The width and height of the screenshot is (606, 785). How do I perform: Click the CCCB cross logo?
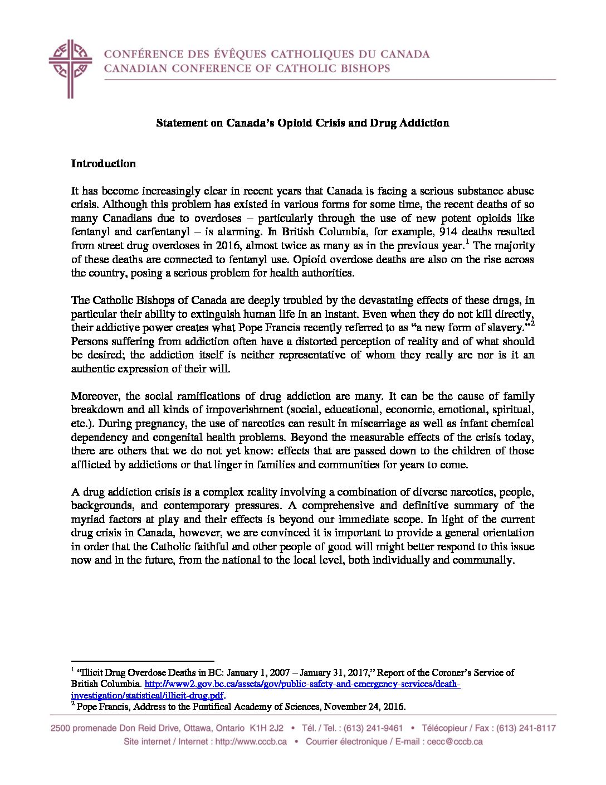[70, 68]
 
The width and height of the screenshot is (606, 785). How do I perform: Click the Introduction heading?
[103, 163]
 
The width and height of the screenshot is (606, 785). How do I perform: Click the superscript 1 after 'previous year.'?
[467, 241]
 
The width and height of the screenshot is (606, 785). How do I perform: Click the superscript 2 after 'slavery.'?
[532, 323]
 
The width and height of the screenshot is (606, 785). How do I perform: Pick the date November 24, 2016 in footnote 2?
[364, 706]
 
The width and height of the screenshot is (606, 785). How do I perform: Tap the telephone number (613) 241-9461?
[373, 728]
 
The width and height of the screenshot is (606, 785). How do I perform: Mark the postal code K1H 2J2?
[266, 728]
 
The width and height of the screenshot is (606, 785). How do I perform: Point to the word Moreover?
[95, 396]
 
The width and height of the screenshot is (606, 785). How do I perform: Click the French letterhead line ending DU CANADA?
[267, 54]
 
